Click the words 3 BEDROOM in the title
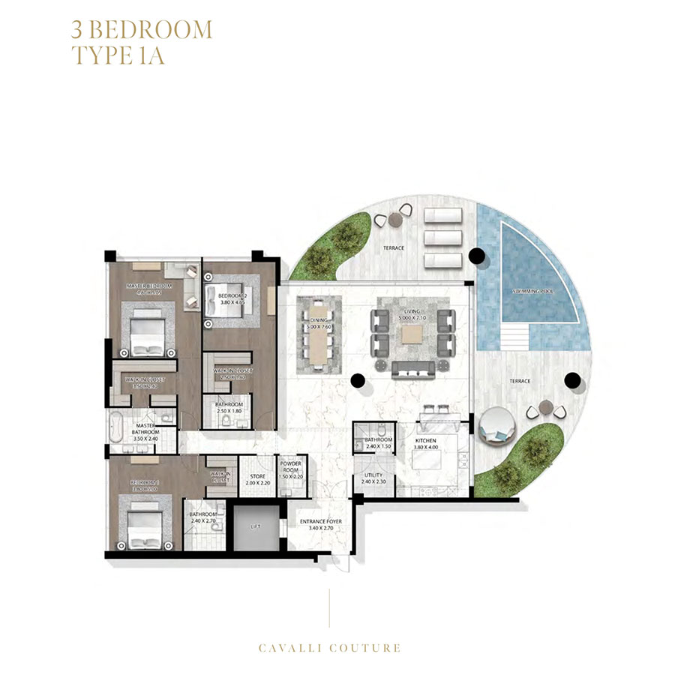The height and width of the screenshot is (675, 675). [142, 30]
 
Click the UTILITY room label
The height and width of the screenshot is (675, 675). [373, 478]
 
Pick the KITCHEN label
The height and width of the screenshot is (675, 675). [424, 443]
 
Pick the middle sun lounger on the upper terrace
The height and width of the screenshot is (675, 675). [441, 238]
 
